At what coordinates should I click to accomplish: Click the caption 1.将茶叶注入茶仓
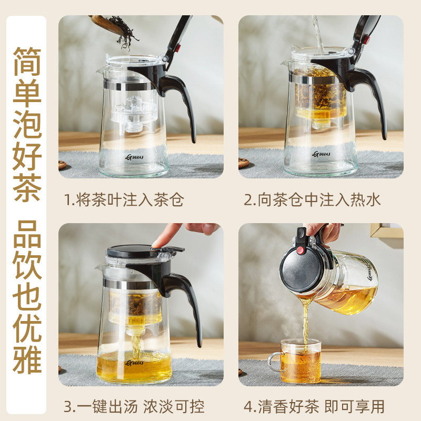124,201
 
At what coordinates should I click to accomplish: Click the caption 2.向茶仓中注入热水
312,201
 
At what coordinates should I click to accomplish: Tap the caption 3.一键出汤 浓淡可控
134,406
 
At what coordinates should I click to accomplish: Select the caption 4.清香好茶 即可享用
314,406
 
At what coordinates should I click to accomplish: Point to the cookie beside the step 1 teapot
62,165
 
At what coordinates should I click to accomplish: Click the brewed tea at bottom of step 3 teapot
134,366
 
